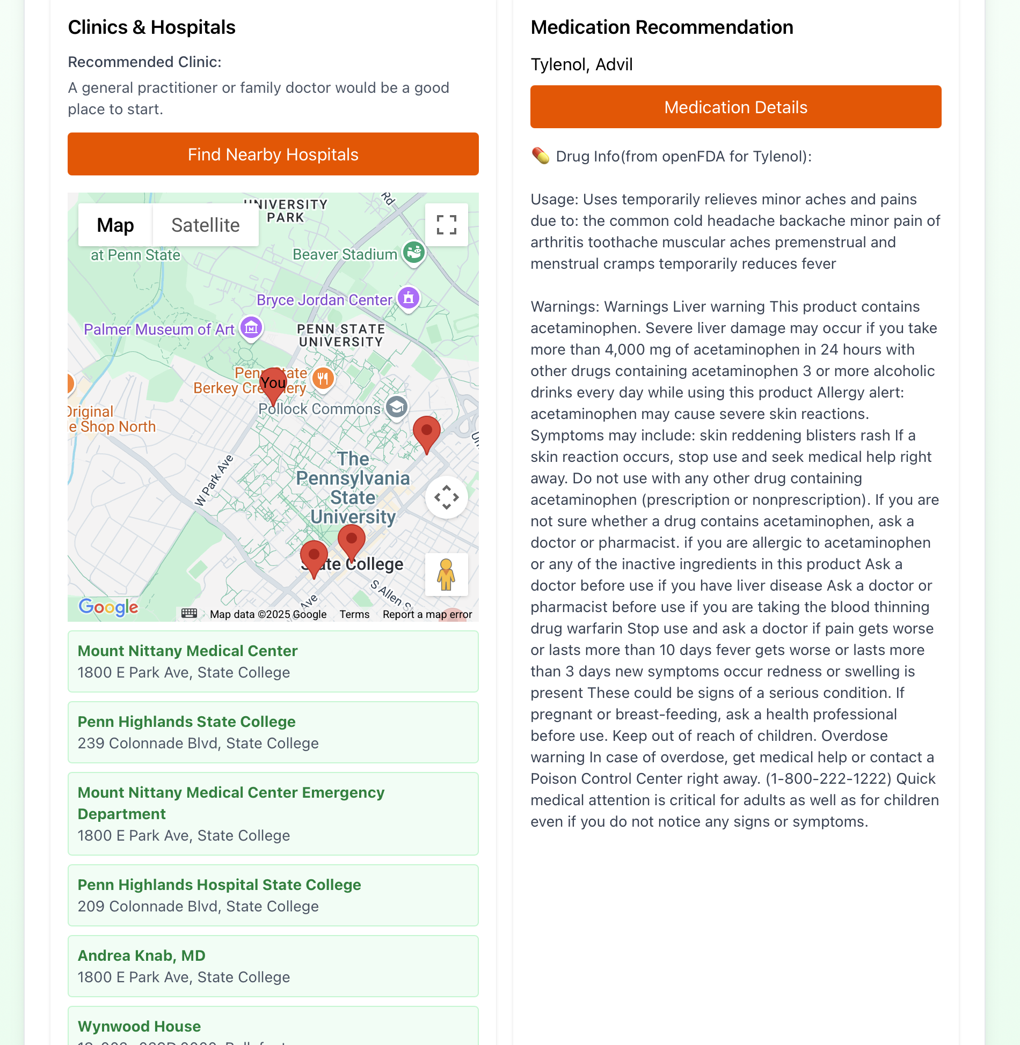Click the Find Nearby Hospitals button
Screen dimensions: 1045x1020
tap(273, 154)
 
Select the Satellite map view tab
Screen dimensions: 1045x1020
tap(205, 225)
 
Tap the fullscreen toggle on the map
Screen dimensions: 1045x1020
tap(446, 225)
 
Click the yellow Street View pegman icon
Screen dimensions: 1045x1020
tap(446, 575)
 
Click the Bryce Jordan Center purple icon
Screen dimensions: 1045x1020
tap(409, 298)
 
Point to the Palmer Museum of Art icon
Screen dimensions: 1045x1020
tap(251, 327)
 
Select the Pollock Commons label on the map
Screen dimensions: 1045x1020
tap(319, 409)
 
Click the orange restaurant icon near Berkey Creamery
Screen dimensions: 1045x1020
tap(323, 379)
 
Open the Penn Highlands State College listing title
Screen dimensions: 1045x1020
tap(186, 722)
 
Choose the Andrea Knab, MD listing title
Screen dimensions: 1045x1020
tap(141, 955)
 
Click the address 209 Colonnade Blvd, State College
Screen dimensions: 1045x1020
tap(198, 906)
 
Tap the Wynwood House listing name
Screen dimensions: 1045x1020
tap(139, 1026)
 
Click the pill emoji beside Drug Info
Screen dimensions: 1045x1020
tap(540, 156)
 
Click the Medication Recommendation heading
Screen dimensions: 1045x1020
tap(661, 27)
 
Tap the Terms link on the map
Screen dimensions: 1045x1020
tap(354, 614)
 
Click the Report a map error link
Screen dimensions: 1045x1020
tap(427, 614)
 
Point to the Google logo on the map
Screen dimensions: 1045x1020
tap(108, 607)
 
